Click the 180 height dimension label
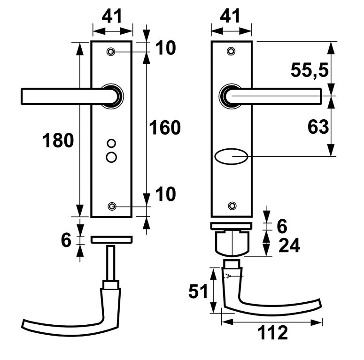[x=58, y=140]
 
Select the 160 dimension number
[x=164, y=128]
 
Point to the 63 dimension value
[x=318, y=127]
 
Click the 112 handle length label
[x=272, y=333]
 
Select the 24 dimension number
[x=289, y=245]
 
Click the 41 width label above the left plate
[x=112, y=16]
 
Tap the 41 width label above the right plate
[x=230, y=16]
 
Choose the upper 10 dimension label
[x=164, y=48]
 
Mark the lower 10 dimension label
[x=164, y=194]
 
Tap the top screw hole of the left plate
[x=111, y=51]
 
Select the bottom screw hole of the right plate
[x=231, y=206]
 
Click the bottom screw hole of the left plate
[x=112, y=207]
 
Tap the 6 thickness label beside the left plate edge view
[x=66, y=240]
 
